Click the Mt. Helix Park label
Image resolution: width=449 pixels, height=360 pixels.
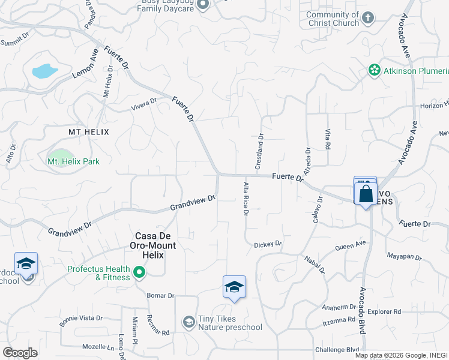73,161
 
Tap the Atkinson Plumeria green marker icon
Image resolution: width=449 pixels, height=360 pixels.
375,71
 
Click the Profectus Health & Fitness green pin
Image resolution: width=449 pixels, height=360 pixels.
140,274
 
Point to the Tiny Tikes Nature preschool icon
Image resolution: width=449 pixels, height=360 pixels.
189,323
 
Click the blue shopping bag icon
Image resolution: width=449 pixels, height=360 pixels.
365,194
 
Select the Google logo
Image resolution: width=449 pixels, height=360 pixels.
20,353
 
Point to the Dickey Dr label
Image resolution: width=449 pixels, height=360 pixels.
268,244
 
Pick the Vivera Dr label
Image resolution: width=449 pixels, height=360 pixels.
144,104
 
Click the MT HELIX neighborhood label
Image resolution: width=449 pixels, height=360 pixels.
88,131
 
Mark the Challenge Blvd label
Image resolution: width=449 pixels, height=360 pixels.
336,350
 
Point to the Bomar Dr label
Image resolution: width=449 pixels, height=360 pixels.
161,296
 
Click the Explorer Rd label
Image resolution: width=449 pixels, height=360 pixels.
384,312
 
